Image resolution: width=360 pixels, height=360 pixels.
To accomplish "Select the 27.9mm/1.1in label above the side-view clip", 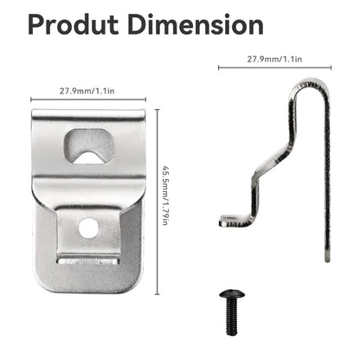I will coord(274,61).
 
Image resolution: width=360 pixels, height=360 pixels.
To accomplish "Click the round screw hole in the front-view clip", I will coord(87,228).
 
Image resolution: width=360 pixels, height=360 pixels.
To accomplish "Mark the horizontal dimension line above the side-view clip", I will coord(274,68).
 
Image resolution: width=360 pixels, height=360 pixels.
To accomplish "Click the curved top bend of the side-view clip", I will coord(314,87).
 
